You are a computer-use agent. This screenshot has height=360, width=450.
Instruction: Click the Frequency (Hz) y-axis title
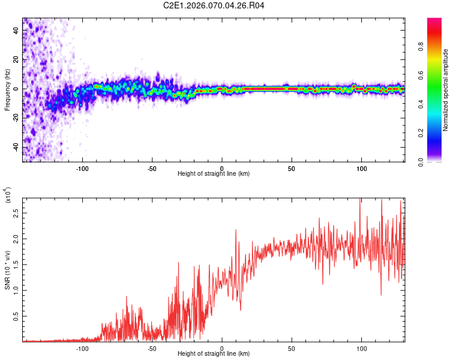[7, 90]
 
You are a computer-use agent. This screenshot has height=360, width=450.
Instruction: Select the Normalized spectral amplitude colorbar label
[445, 90]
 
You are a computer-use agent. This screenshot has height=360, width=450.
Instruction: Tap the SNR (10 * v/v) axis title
[7, 270]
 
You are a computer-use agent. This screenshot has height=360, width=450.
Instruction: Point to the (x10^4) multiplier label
[7, 195]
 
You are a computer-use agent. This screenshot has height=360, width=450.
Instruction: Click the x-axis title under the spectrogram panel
[214, 173]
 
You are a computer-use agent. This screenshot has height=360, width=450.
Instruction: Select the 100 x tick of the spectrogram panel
[361, 169]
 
